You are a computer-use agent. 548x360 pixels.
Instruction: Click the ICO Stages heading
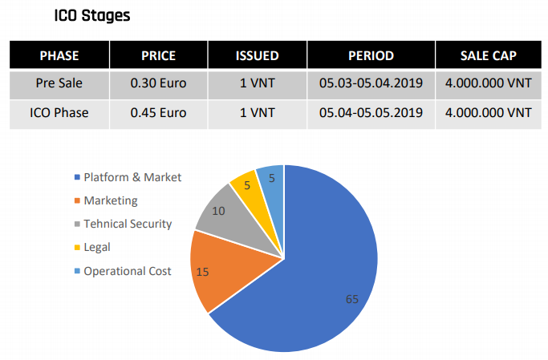[x=91, y=15]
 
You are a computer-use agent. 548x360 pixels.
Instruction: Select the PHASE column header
[x=59, y=55]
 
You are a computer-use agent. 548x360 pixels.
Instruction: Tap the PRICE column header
[x=158, y=55]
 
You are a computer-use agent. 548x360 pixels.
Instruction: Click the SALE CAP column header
[x=488, y=55]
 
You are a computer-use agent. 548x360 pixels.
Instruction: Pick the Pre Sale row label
[x=59, y=83]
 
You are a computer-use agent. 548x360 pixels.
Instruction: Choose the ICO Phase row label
[x=59, y=112]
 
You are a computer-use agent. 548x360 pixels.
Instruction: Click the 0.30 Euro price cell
[x=158, y=83]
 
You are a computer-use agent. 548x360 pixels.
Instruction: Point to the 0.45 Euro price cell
[x=158, y=112]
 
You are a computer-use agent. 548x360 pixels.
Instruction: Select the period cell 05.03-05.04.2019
[x=371, y=83]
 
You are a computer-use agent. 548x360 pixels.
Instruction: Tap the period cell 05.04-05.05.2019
[x=371, y=112]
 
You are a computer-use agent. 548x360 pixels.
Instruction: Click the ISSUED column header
[x=257, y=55]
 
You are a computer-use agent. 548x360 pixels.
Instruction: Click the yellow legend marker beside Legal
[x=77, y=248]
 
